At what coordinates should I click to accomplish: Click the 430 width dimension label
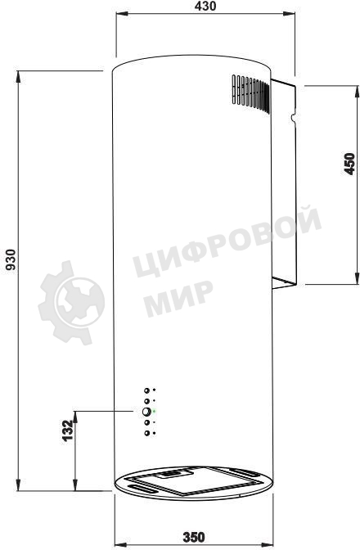coord(205,6)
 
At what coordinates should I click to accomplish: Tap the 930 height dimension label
coord(11,260)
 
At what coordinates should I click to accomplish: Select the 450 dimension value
coord(349,164)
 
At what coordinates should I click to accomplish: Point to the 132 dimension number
coord(67,431)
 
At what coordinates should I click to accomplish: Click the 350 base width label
coord(194,537)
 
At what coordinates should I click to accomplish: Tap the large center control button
coord(146,412)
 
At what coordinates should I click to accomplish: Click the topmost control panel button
coord(147,390)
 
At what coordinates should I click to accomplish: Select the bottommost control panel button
coord(147,433)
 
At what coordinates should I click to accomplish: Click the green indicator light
coord(154,411)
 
